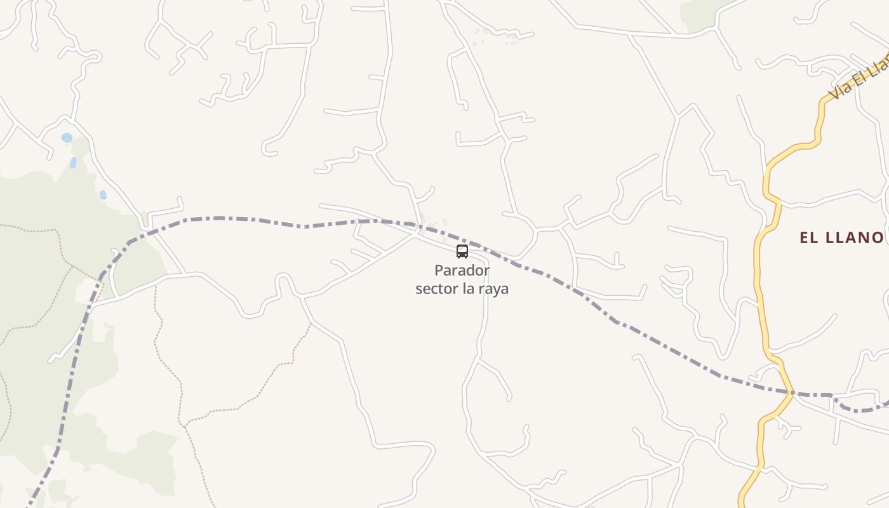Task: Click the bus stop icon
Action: click(462, 251)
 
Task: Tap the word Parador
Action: click(462, 271)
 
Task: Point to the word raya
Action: click(494, 290)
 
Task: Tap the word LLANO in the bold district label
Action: click(854, 238)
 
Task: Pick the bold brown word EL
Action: click(808, 238)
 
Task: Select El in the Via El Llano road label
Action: click(860, 76)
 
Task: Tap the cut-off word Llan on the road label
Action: click(879, 64)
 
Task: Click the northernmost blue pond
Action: click(67, 138)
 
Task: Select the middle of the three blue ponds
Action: click(73, 163)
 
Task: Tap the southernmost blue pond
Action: click(103, 195)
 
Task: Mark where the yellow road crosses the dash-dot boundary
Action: click(790, 393)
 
